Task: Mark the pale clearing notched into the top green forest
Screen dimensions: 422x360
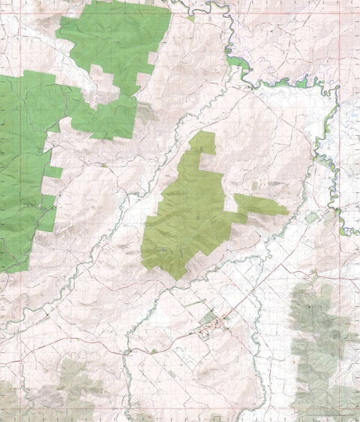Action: coord(105,84)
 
